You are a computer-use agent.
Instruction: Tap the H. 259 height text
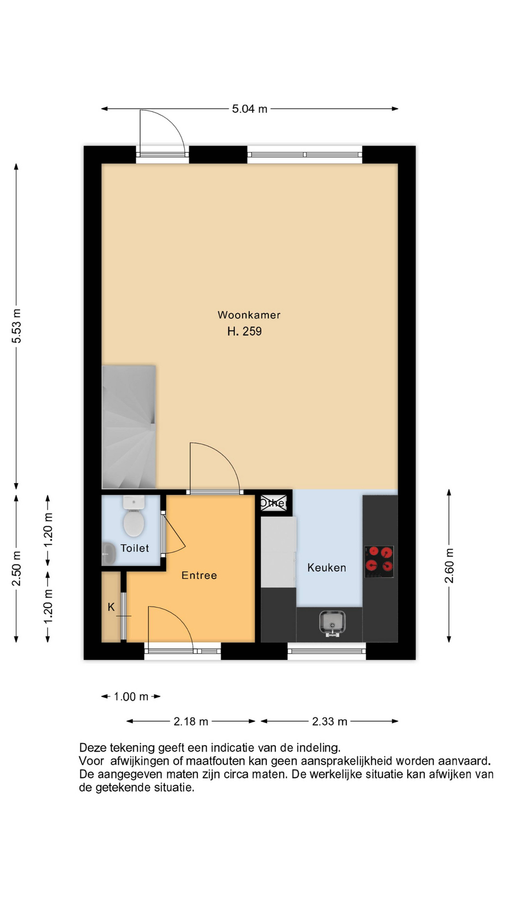(244, 331)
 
